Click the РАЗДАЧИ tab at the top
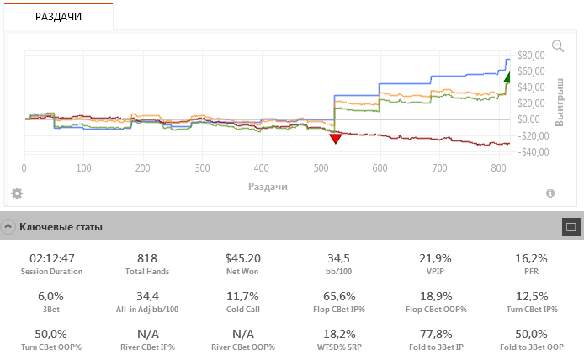(58, 16)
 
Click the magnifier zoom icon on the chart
(557, 46)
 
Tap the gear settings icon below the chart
(16, 193)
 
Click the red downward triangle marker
(335, 138)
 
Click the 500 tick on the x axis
(439, 168)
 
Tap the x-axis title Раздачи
(268, 185)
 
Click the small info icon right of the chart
(550, 193)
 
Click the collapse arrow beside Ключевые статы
(8, 226)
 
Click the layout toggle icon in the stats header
(570, 226)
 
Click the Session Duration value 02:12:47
(52, 258)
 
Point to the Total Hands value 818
(147, 258)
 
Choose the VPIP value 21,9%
(435, 258)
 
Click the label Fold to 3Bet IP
(435, 347)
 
